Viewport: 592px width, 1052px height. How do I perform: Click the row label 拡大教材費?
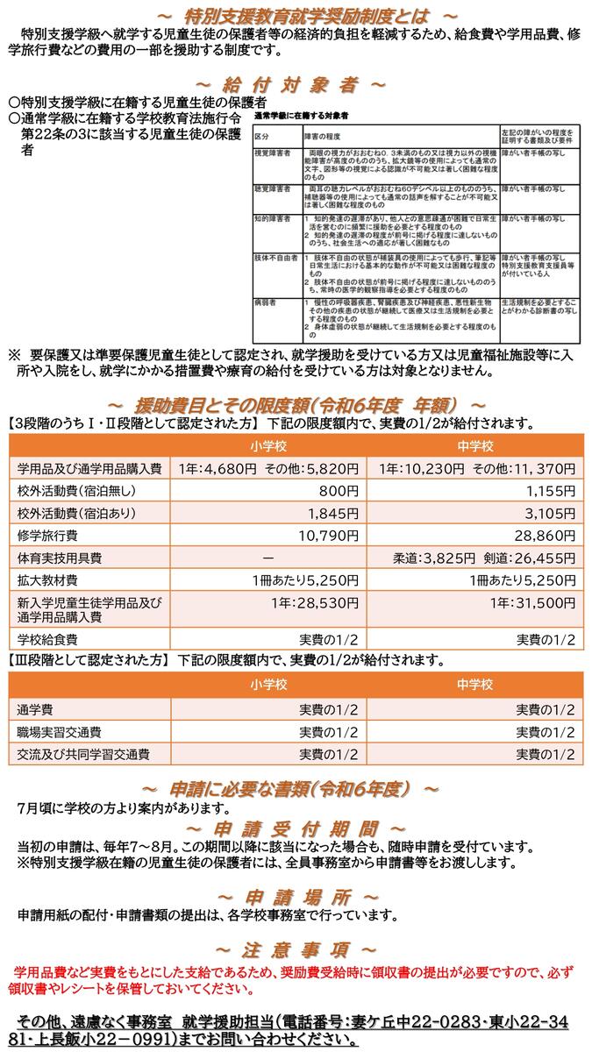click(47, 579)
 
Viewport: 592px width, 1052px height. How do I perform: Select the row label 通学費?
click(35, 708)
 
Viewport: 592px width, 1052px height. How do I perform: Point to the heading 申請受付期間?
click(296, 828)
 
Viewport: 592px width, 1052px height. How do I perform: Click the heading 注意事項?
click(296, 949)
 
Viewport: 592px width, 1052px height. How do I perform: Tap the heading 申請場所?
click(296, 896)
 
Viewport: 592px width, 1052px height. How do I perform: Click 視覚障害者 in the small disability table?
click(272, 152)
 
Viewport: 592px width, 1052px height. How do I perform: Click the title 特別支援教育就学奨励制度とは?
click(296, 16)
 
